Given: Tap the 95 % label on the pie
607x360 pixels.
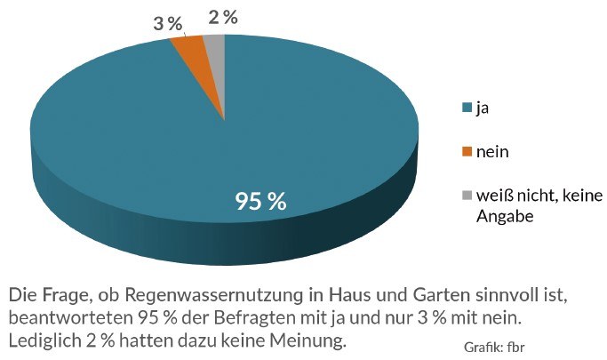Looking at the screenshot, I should (x=260, y=201).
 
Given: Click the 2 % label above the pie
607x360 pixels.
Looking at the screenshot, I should (x=222, y=17).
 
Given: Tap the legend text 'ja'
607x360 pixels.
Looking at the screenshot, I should (x=483, y=108).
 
